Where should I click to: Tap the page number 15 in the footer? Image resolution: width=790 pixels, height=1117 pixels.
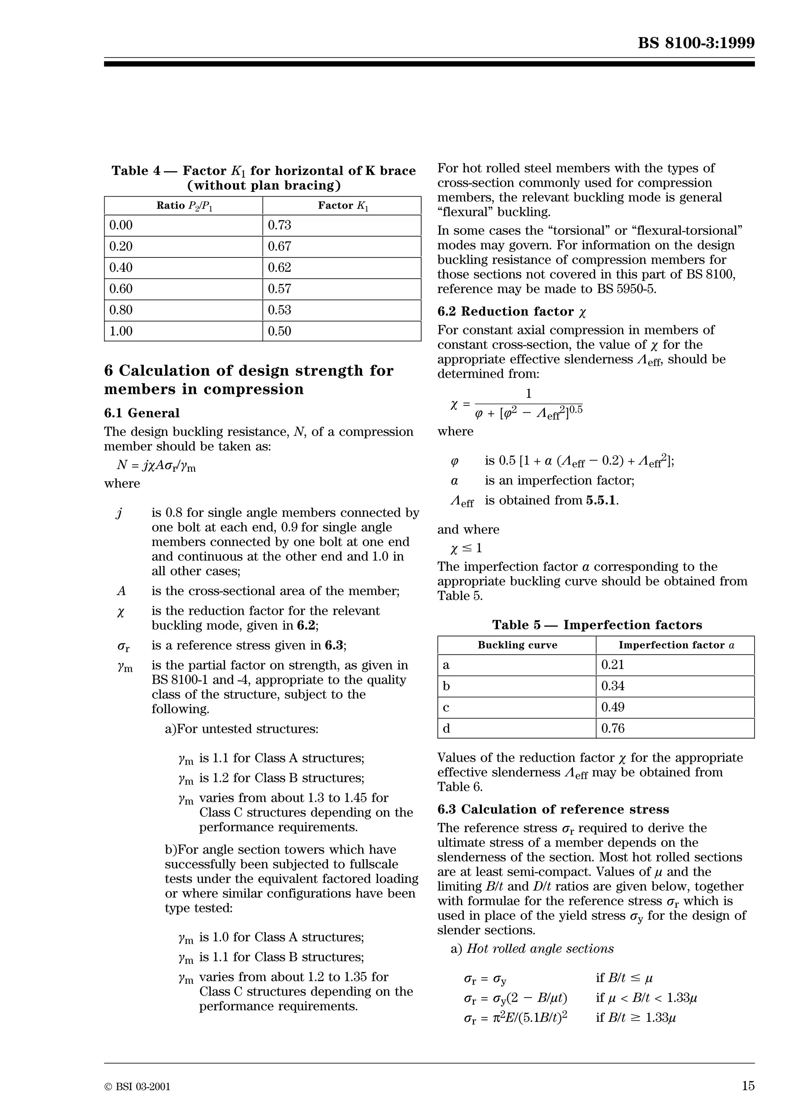coord(748,1085)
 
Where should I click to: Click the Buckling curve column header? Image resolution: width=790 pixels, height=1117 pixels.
coord(517,645)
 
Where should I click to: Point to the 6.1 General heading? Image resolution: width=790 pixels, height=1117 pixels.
coord(142,413)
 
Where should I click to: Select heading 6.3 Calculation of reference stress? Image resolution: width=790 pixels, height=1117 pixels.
coord(553,809)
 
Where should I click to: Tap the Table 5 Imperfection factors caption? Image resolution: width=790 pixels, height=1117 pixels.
coord(597,625)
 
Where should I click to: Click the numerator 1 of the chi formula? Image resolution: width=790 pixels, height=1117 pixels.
coord(528,394)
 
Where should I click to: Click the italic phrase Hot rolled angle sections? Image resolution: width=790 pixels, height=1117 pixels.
coord(540,949)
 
